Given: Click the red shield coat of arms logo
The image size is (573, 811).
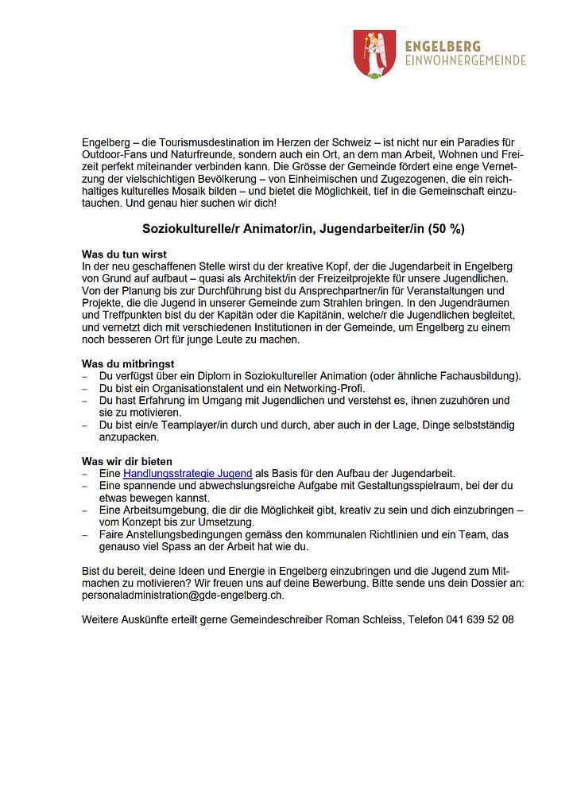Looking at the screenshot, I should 372,53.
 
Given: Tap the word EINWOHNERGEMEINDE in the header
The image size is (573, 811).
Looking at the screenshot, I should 465,60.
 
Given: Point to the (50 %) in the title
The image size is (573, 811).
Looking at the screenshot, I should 447,229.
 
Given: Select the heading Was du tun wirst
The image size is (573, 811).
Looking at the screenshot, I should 124,253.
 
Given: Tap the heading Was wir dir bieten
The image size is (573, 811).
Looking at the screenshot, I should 127,461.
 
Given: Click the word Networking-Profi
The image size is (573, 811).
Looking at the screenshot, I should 326,388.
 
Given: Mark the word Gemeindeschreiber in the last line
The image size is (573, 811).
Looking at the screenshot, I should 278,619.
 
